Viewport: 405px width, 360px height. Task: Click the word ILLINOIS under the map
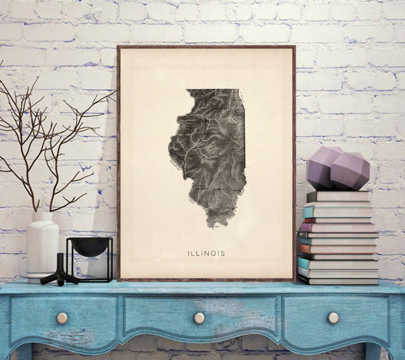pyautogui.click(x=206, y=253)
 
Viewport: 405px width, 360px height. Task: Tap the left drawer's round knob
pyautogui.click(x=62, y=318)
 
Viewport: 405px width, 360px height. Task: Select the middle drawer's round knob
pyautogui.click(x=199, y=318)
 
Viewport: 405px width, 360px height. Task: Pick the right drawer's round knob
pyautogui.click(x=333, y=318)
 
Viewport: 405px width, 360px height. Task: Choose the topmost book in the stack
pyautogui.click(x=337, y=196)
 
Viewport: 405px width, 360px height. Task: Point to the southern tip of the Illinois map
pyautogui.click(x=212, y=226)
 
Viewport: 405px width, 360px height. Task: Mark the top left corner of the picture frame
pyautogui.click(x=118, y=47)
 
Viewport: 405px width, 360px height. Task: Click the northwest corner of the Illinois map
pyautogui.click(x=187, y=90)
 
